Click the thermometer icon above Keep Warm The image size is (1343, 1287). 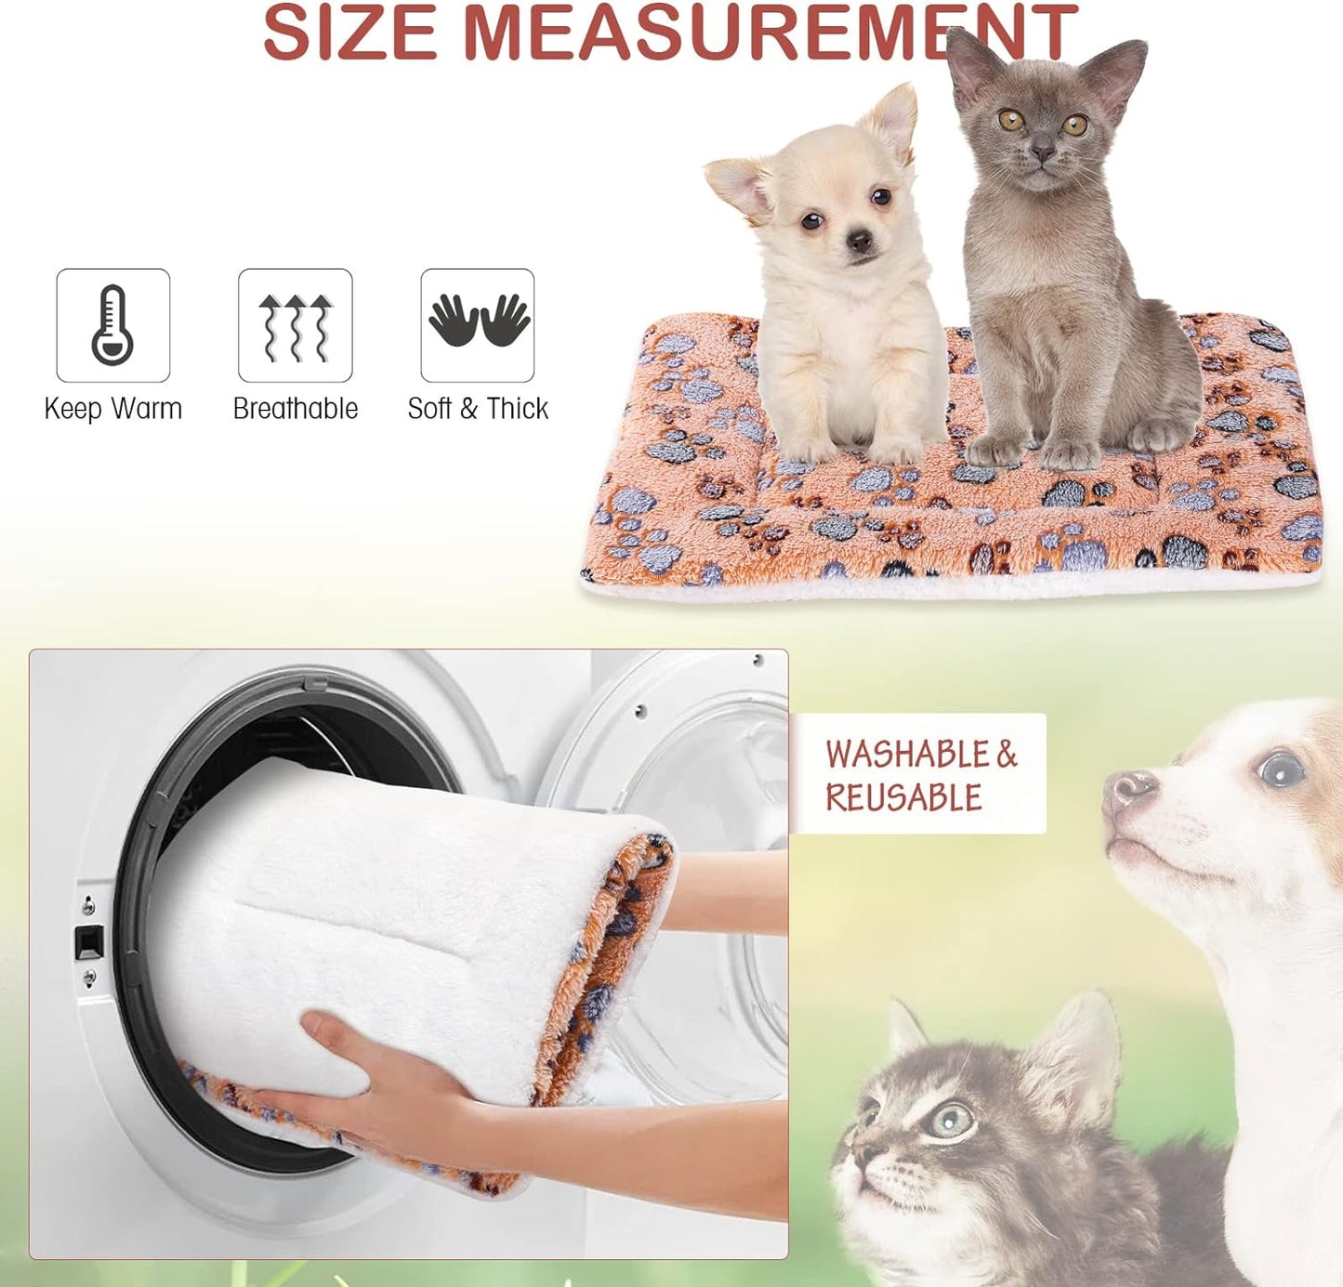pyautogui.click(x=112, y=325)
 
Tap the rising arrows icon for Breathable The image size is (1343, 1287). pyautogui.click(x=296, y=326)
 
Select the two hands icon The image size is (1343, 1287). pyautogui.click(x=478, y=322)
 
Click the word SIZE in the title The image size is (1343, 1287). pyautogui.click(x=350, y=34)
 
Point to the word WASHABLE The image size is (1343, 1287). pyautogui.click(x=907, y=755)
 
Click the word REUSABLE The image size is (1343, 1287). pyautogui.click(x=903, y=798)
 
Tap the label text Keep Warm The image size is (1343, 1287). pyautogui.click(x=112, y=409)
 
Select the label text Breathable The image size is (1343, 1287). pyautogui.click(x=296, y=409)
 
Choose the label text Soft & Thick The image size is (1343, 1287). pyautogui.click(x=478, y=409)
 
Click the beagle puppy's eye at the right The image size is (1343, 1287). pyautogui.click(x=1281, y=769)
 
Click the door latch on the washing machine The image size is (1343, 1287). pyautogui.click(x=88, y=944)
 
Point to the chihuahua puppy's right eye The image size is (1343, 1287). pyautogui.click(x=811, y=221)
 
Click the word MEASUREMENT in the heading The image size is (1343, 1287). pyautogui.click(x=770, y=34)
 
